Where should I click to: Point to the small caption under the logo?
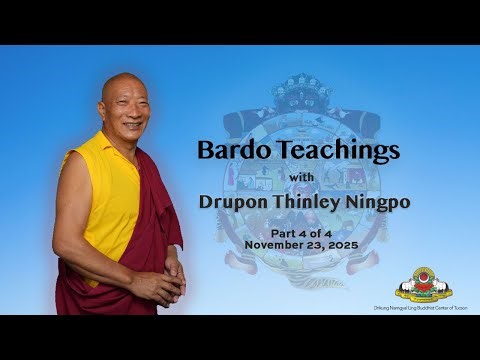(424, 305)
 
